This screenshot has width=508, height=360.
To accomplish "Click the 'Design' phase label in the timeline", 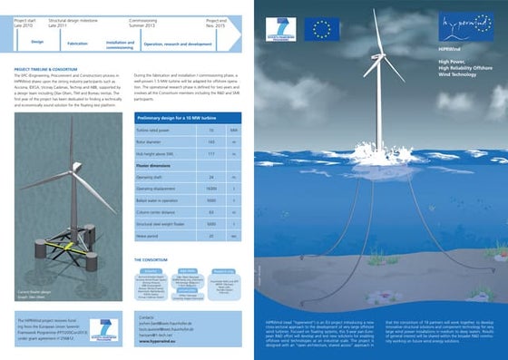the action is tap(37, 41).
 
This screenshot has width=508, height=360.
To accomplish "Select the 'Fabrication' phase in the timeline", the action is tap(78, 44).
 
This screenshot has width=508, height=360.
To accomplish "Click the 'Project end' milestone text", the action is tap(215, 19).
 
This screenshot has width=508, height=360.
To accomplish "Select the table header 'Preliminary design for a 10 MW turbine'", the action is tap(177, 118).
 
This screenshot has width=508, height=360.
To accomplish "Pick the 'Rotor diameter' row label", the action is tap(153, 141).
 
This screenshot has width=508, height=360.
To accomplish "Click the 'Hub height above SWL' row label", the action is tap(158, 153).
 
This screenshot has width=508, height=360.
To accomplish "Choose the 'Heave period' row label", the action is tap(151, 234).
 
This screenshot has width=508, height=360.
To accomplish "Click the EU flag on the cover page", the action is tap(320, 28).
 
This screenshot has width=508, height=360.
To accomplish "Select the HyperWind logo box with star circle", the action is tap(461, 24).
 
